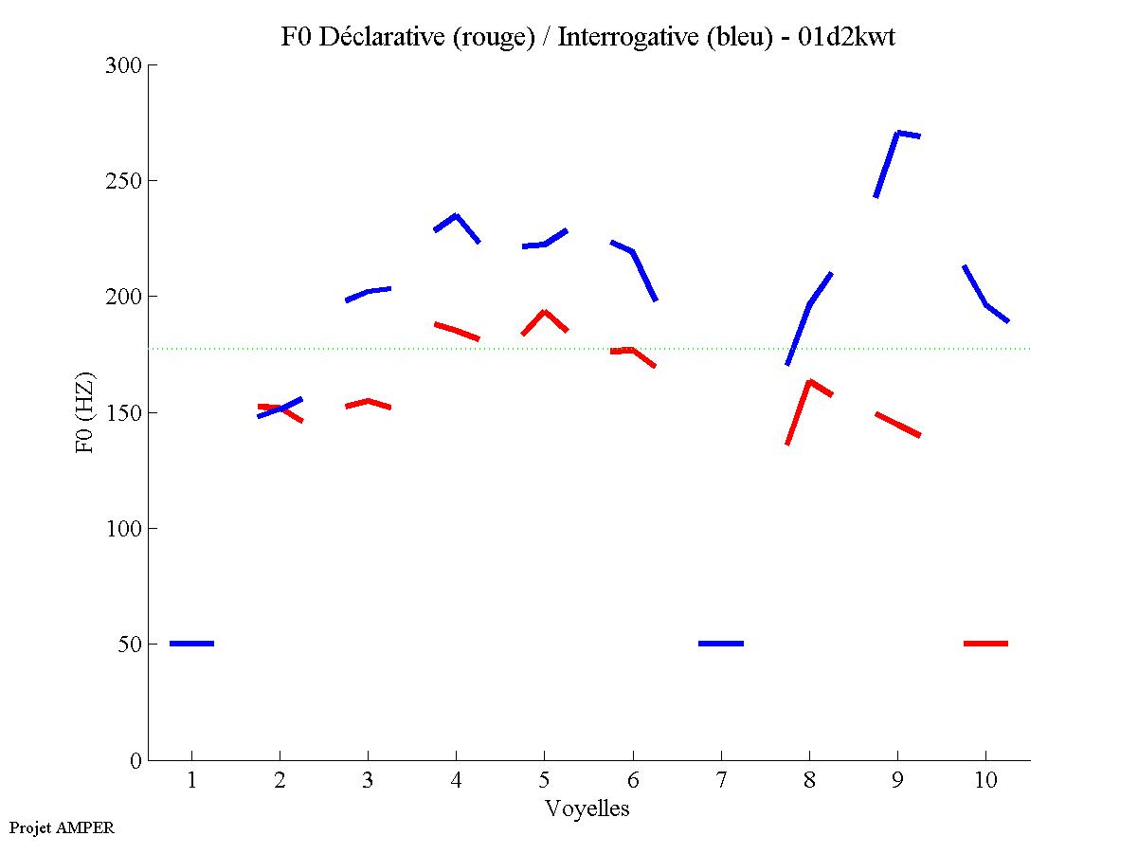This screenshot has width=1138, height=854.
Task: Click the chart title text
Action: pos(587,37)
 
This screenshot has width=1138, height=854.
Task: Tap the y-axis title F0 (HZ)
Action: pos(85,412)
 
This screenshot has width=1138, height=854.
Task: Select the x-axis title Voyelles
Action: pos(587,809)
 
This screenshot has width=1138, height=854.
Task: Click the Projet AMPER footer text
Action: pos(62,827)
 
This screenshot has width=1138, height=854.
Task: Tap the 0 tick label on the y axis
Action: pos(136,760)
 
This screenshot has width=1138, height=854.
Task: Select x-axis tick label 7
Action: pos(721,781)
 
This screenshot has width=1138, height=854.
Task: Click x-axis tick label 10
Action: pos(985,781)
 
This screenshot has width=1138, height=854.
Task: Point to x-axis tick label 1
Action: pos(191,781)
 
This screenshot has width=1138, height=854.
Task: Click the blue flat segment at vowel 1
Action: pos(191,644)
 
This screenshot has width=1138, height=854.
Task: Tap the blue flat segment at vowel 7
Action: pos(721,644)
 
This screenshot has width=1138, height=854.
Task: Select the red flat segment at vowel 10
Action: pos(985,644)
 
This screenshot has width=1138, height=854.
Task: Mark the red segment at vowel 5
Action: pos(544,313)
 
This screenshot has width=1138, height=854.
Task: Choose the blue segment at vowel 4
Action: pos(456,217)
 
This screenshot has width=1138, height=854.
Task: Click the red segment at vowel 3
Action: pos(368,401)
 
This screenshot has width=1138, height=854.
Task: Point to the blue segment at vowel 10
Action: pos(985,303)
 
